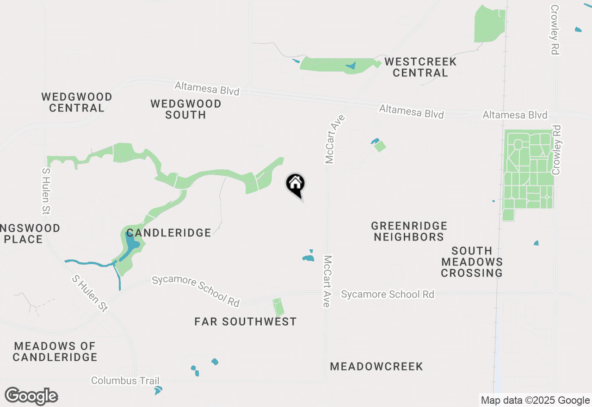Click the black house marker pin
(296, 185)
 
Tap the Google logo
(31, 396)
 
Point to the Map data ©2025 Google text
(535, 401)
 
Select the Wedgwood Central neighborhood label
(77, 102)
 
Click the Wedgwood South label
(186, 109)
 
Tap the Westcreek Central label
(420, 67)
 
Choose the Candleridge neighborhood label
(169, 233)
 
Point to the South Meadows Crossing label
(472, 262)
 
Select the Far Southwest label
(246, 321)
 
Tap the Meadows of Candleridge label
(55, 351)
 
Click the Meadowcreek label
(376, 367)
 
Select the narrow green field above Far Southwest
(278, 307)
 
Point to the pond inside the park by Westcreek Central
(351, 66)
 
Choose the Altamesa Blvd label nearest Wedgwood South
(207, 88)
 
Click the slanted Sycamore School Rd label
(196, 291)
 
